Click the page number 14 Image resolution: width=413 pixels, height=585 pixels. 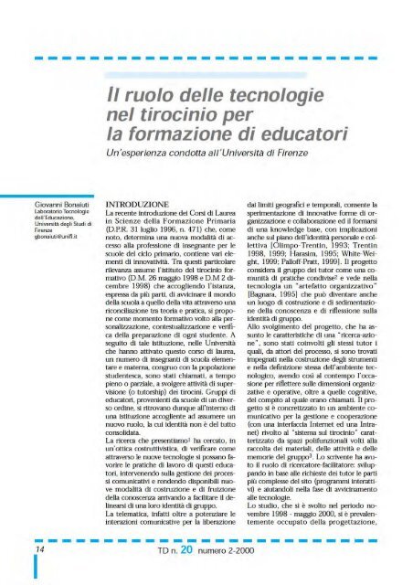coord(18,551)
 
